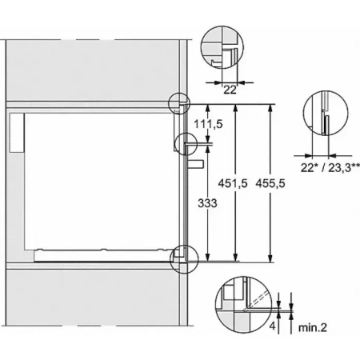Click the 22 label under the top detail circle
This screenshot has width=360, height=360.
pyautogui.click(x=230, y=90)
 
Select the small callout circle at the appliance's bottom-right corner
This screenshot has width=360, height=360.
pyautogui.click(x=183, y=254)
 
